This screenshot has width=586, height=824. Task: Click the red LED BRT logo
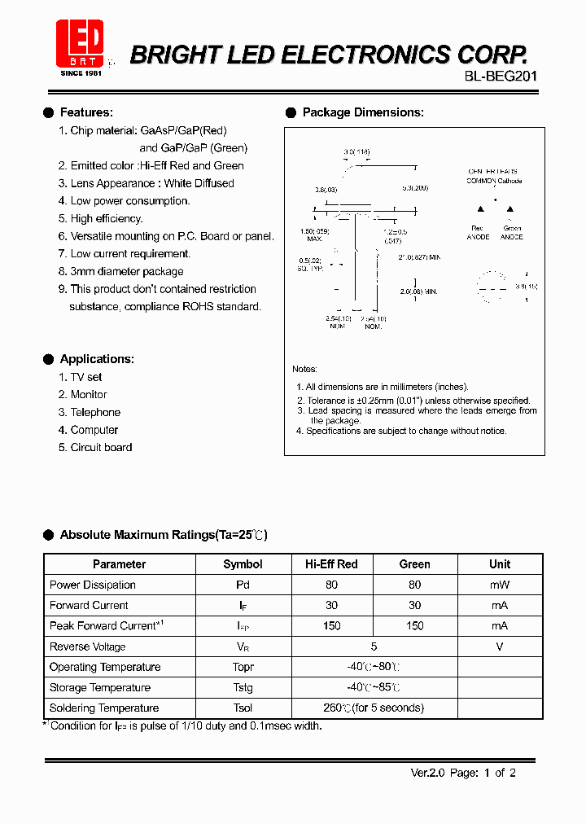pyautogui.click(x=79, y=43)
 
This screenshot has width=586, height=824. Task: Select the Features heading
pyautogui.click(x=86, y=112)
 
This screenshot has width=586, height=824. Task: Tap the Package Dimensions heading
pyautogui.click(x=362, y=112)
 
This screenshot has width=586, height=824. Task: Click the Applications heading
pyautogui.click(x=97, y=359)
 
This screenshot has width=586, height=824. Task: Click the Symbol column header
pyautogui.click(x=243, y=564)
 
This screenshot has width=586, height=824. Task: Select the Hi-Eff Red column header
pyautogui.click(x=331, y=564)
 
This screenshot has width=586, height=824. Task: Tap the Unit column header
pyautogui.click(x=500, y=564)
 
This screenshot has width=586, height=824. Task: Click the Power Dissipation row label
pyautogui.click(x=93, y=585)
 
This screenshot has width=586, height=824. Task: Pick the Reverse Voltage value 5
pyautogui.click(x=374, y=646)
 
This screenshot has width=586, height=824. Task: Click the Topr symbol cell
pyautogui.click(x=243, y=667)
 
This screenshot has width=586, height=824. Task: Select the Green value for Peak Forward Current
pyautogui.click(x=414, y=626)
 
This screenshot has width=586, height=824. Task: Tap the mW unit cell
pyautogui.click(x=500, y=585)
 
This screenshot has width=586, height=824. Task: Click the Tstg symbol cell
pyautogui.click(x=243, y=687)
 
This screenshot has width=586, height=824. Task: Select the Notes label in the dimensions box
pyautogui.click(x=304, y=370)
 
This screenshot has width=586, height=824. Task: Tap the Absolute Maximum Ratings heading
pyautogui.click(x=163, y=535)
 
